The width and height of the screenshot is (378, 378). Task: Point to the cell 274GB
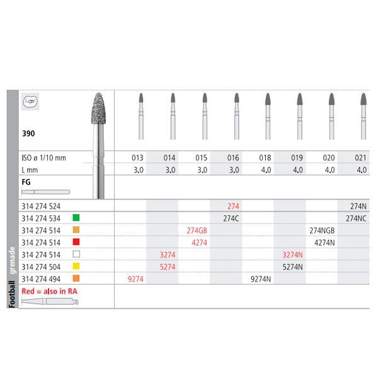(x=197, y=230)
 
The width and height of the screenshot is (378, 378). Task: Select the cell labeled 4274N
(x=323, y=242)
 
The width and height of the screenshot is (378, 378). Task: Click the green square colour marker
(x=75, y=218)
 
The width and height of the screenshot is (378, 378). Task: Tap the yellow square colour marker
(x=75, y=266)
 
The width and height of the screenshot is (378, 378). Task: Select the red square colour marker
(x=75, y=242)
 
